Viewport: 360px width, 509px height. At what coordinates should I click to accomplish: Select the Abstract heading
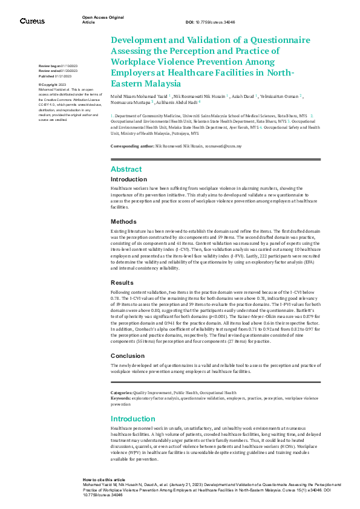(x=126, y=169)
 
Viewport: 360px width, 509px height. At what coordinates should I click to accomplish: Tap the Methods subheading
(x=123, y=222)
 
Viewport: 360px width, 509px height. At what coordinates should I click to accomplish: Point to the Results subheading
(x=122, y=282)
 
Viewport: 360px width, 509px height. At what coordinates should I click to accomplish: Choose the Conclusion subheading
(x=127, y=355)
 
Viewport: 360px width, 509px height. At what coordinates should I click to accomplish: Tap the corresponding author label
(x=133, y=147)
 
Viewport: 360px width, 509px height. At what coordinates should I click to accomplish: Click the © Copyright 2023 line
(x=53, y=85)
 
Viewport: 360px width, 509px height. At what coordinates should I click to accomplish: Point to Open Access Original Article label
(x=103, y=20)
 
